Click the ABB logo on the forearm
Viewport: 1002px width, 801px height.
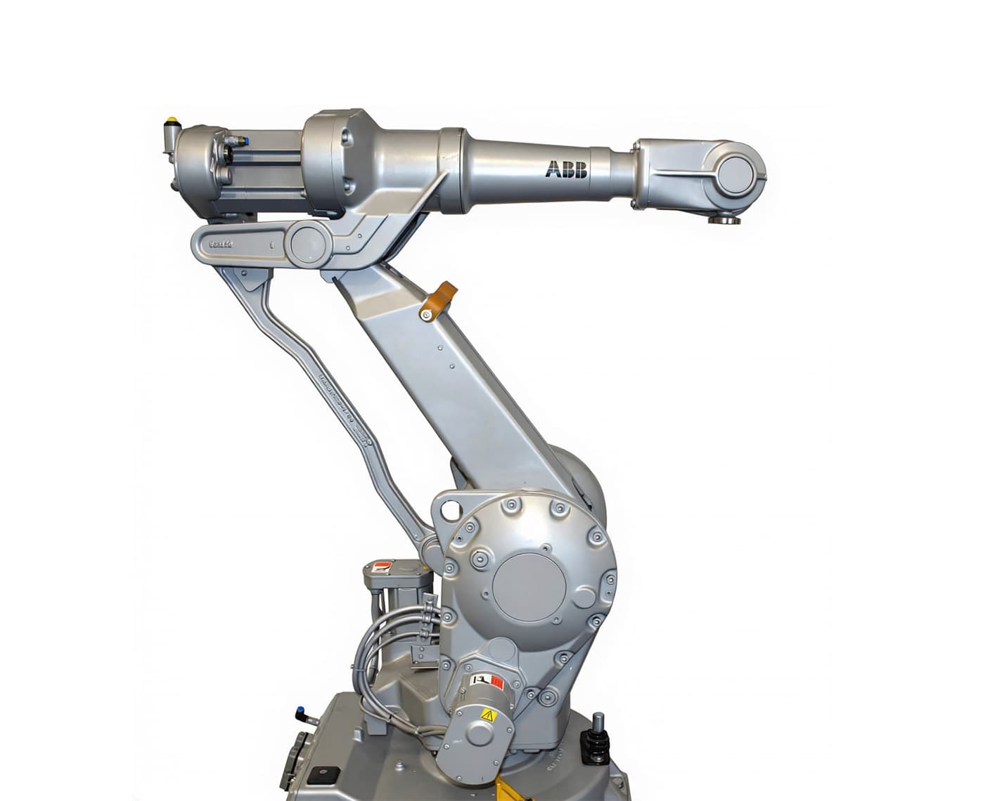pos(567,170)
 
